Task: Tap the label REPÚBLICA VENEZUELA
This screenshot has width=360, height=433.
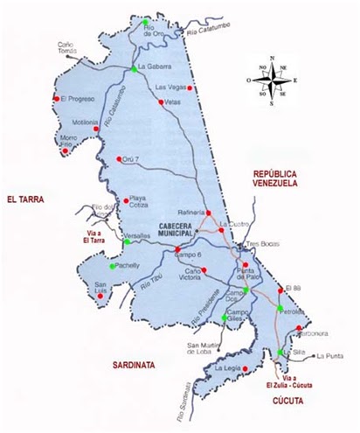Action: tap(275, 179)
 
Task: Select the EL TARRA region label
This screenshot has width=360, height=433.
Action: tap(25, 200)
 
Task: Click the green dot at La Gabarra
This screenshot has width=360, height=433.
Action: tap(134, 68)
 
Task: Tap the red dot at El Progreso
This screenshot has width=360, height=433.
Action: tap(56, 99)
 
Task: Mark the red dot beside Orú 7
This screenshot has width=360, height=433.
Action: tap(119, 159)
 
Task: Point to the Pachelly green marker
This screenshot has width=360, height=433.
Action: tap(113, 266)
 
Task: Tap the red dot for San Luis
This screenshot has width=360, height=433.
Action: tap(101, 295)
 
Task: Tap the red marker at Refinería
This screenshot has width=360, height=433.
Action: tap(210, 213)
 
